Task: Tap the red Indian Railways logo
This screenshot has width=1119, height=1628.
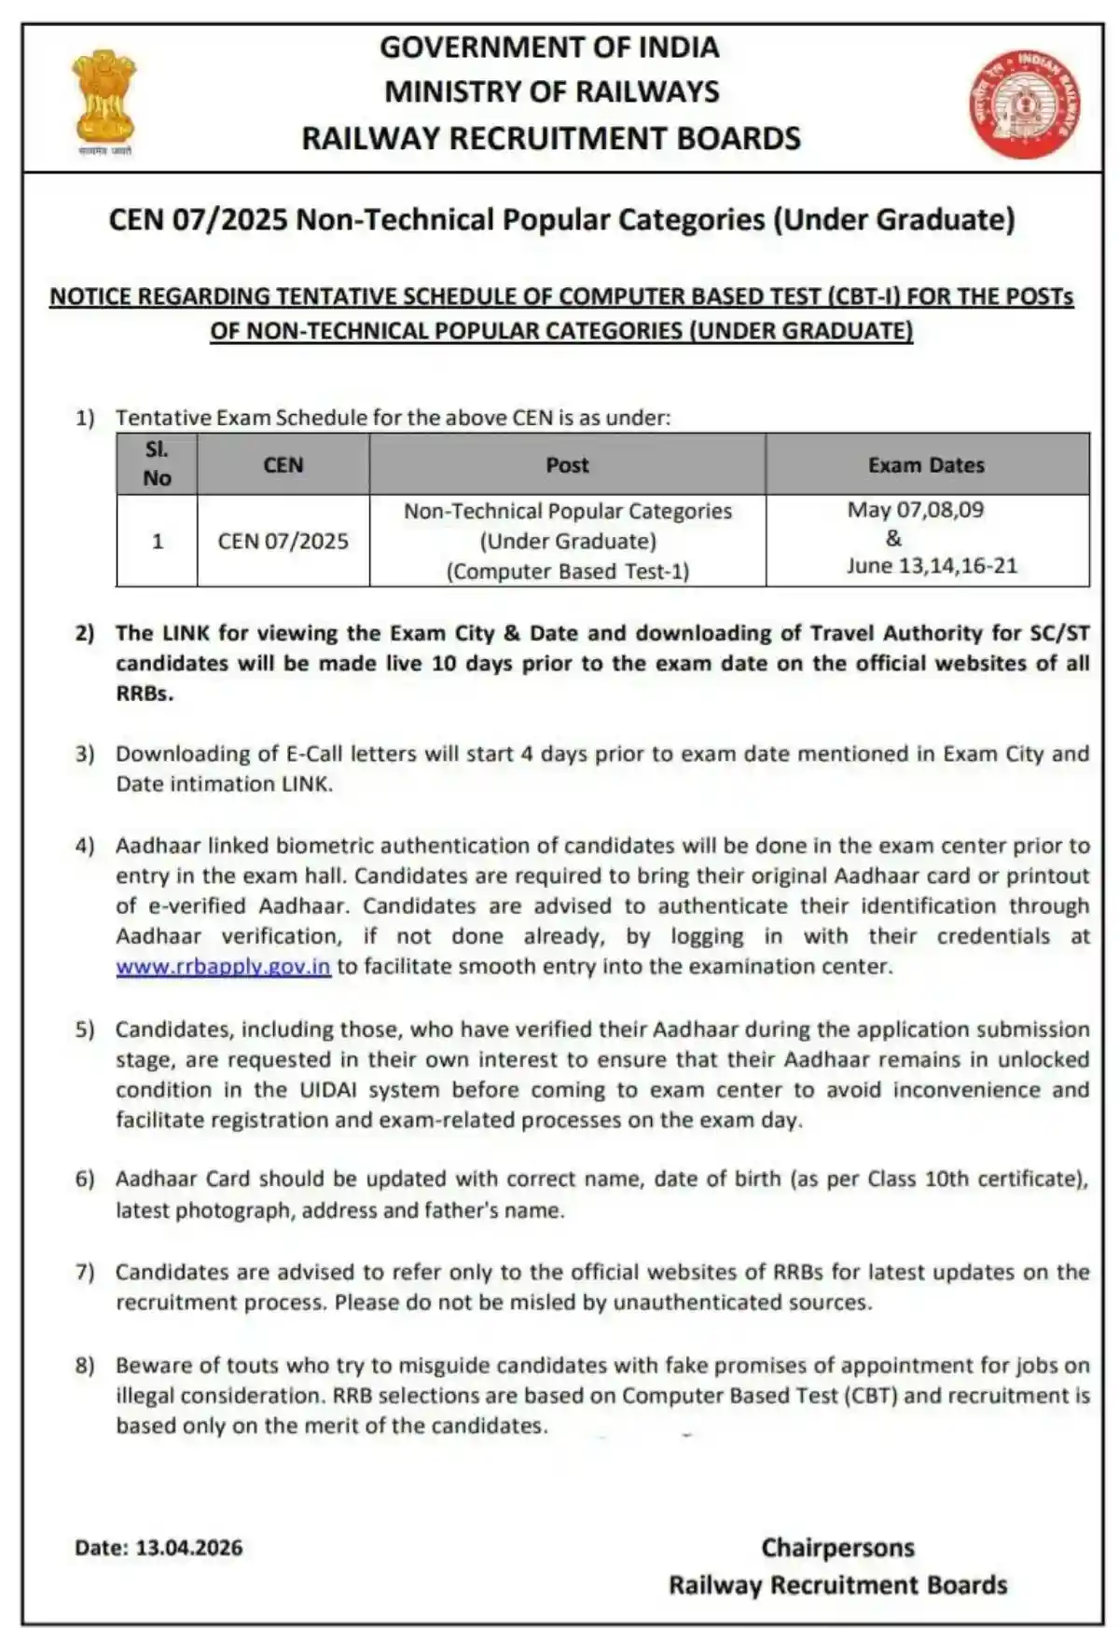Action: click(1024, 103)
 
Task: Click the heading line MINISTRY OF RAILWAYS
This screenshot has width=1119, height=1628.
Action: click(551, 91)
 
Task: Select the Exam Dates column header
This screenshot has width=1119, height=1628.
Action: click(926, 464)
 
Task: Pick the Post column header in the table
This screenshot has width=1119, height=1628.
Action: click(567, 464)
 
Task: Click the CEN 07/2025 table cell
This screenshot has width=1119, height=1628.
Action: click(283, 541)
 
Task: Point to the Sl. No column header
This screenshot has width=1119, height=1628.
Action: click(157, 463)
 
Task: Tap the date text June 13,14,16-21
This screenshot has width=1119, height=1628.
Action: click(932, 566)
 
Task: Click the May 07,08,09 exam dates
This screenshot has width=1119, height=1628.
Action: click(915, 510)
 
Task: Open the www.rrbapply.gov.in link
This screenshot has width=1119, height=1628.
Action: click(223, 966)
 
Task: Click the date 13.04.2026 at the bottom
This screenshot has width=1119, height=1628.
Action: click(189, 1548)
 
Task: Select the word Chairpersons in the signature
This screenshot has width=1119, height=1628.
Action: click(837, 1548)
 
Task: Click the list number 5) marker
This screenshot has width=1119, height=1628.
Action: click(85, 1029)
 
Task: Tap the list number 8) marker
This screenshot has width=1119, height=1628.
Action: click(85, 1365)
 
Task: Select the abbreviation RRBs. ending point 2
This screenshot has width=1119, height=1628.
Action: click(145, 694)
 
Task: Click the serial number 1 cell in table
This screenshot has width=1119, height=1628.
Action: click(157, 541)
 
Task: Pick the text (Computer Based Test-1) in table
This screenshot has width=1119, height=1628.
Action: click(567, 572)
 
